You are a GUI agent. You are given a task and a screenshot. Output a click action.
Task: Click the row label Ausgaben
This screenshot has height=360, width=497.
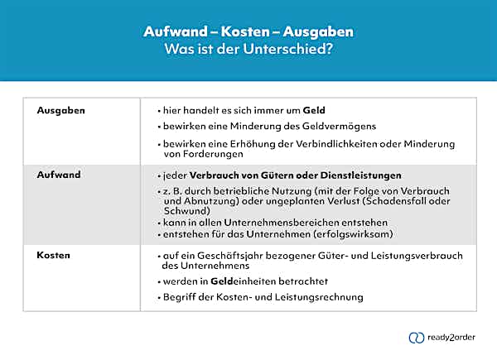pos(61,109)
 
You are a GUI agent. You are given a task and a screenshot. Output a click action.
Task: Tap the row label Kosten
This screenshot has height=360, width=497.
pos(55,256)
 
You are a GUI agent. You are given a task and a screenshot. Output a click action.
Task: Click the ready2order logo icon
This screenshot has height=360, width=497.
pos(417,338)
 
